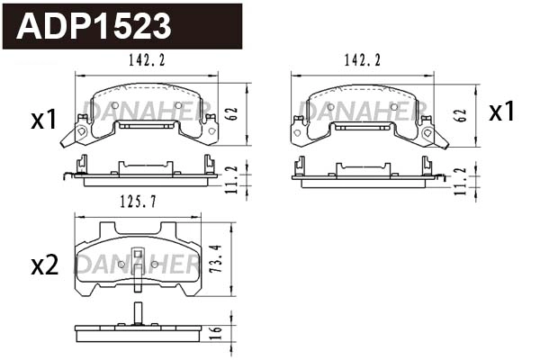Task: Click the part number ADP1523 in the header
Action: pyautogui.click(x=94, y=26)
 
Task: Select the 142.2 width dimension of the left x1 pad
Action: pyautogui.click(x=147, y=60)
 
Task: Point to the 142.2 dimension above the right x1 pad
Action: pyautogui.click(x=363, y=60)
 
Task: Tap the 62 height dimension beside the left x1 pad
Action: pyautogui.click(x=234, y=114)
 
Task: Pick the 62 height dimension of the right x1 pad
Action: pyautogui.click(x=462, y=114)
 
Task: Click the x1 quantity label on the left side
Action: pyautogui.click(x=44, y=120)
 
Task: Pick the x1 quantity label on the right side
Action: pyautogui.click(x=501, y=112)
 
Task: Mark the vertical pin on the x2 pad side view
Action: pyautogui.click(x=137, y=315)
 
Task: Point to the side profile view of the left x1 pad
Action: pyautogui.click(x=147, y=172)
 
